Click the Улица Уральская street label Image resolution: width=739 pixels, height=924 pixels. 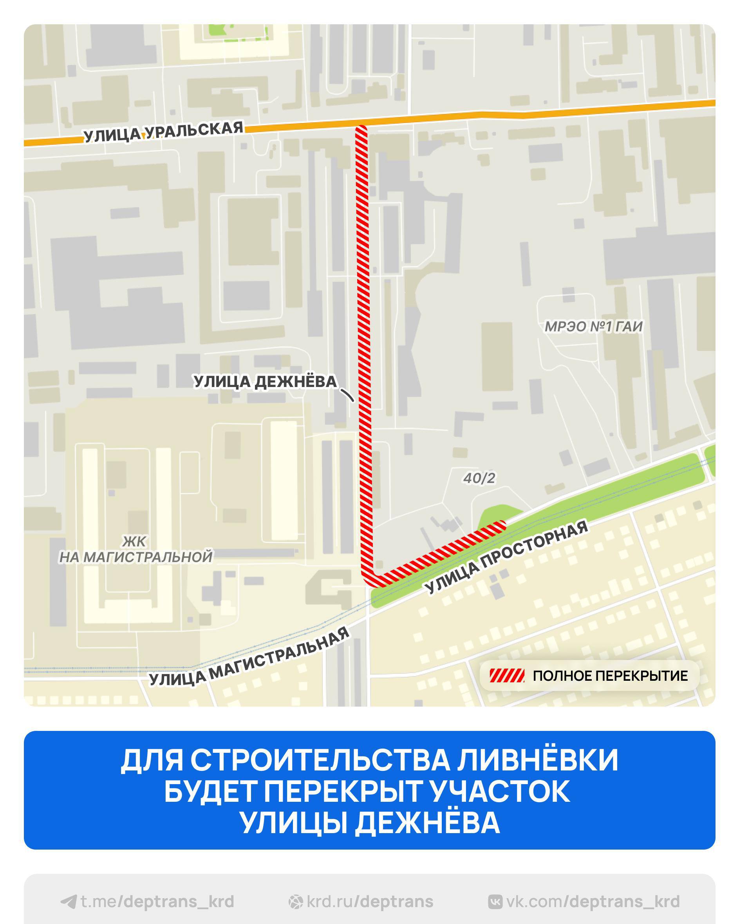tap(163, 132)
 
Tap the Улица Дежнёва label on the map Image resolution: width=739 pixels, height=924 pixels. tap(266, 382)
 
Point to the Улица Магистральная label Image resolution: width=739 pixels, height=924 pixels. tap(249, 656)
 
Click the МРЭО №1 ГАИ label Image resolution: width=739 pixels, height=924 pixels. tap(593, 327)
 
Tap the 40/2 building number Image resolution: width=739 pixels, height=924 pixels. tap(479, 478)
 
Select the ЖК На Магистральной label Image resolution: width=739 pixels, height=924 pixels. tap(136, 549)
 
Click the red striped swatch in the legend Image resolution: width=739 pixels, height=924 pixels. tap(507, 676)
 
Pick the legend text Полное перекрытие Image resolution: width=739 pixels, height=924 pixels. tap(610, 676)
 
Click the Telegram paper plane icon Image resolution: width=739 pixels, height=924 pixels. tap(69, 902)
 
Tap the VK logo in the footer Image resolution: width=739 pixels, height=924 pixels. tap(495, 902)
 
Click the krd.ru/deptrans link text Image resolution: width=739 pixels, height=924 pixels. tap(370, 902)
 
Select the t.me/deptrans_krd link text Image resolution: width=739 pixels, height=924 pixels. tap(157, 902)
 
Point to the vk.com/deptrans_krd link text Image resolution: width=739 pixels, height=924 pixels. tap(593, 902)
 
